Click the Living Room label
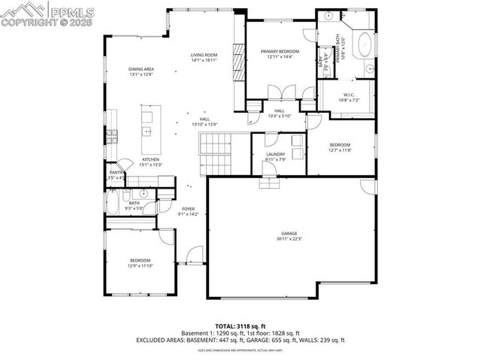click(204, 55)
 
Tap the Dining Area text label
click(141, 69)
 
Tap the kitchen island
click(146, 123)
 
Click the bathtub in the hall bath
click(113, 202)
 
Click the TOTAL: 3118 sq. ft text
click(240, 326)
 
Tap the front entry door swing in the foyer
click(194, 256)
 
